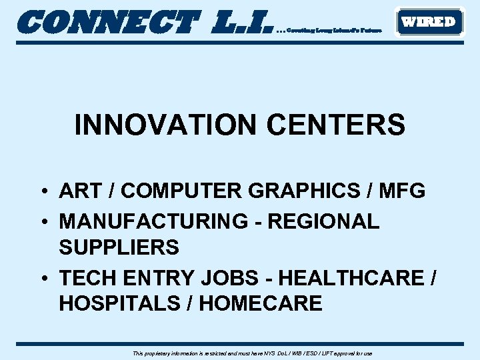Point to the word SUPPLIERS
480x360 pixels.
(x=119, y=248)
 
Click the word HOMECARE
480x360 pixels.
(x=261, y=304)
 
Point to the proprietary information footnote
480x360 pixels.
(x=253, y=353)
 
